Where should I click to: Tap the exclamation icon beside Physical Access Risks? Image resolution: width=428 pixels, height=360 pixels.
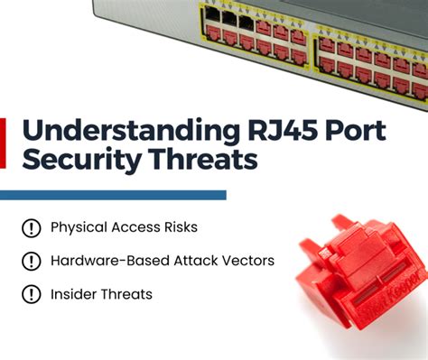point(33,228)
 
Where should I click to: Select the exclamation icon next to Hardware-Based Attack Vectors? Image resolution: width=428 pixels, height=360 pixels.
point(33,262)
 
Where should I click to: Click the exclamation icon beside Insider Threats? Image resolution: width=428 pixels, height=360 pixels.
point(33,295)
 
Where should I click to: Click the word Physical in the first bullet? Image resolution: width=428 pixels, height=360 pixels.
point(79,228)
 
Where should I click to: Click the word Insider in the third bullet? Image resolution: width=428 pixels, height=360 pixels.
point(74,295)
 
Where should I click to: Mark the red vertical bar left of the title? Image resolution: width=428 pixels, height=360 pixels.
point(4,142)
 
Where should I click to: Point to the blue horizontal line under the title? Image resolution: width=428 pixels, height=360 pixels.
point(113,195)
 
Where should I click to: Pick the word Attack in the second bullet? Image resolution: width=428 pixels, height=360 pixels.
point(193,262)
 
